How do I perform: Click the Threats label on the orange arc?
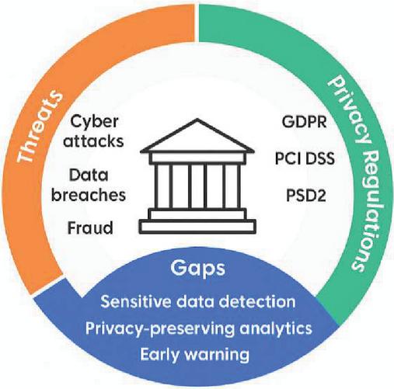[x=40, y=127]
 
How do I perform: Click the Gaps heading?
[x=198, y=269]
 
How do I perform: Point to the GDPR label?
[x=304, y=122]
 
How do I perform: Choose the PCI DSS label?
[x=305, y=158]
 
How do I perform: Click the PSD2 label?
[x=305, y=196]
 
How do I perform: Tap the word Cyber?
[x=94, y=123]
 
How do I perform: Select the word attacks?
[x=93, y=141]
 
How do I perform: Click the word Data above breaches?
[x=89, y=175]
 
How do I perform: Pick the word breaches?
[x=89, y=195]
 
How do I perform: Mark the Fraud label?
[x=90, y=227]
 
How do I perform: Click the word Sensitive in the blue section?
[x=135, y=301]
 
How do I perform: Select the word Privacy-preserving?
[x=160, y=329]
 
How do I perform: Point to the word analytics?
[x=276, y=329]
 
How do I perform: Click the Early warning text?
[x=195, y=355]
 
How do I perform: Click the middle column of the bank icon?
[x=197, y=186]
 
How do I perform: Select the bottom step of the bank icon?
[x=197, y=227]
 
